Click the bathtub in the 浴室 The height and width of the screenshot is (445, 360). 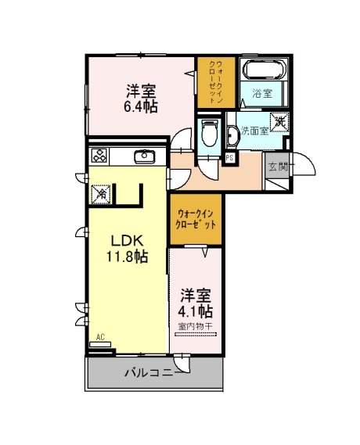click(264, 70)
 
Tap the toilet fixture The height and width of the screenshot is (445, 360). click(210, 132)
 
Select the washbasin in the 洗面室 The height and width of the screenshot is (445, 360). click(233, 136)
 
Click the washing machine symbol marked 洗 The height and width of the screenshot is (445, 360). click(279, 122)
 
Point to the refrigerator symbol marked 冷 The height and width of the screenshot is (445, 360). click(101, 194)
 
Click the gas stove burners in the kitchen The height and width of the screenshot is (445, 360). click(99, 156)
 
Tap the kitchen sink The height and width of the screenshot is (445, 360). click(145, 156)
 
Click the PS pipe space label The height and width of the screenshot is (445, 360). click(229, 158)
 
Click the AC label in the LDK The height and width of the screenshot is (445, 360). click(100, 337)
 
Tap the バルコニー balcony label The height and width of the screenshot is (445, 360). click(153, 372)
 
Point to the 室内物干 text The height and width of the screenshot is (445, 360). click(196, 326)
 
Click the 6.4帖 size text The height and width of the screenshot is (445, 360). click(141, 106)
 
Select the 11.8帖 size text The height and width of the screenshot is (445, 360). click(127, 257)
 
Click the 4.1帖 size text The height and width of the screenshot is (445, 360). click(196, 311)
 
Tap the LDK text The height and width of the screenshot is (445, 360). click(126, 241)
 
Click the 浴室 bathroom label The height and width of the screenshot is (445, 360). click(263, 93)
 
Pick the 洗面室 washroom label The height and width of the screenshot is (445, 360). click(254, 131)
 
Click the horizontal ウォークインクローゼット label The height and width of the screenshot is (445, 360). click(196, 219)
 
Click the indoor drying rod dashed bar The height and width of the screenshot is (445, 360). click(196, 335)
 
